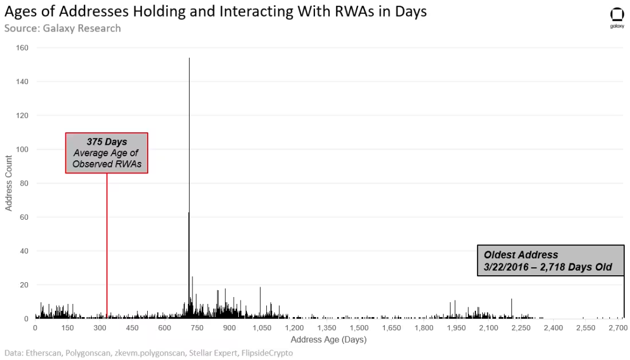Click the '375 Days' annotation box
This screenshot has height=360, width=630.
[x=107, y=153]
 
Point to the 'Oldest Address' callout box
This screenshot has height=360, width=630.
[x=550, y=260]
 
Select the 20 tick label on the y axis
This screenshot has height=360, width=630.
[x=24, y=285]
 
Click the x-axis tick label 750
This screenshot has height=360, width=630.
[x=197, y=328]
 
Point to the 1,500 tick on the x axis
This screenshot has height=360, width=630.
[x=359, y=328]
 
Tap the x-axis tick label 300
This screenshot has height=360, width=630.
[x=100, y=328]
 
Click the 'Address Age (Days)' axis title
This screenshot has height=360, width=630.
[x=328, y=339]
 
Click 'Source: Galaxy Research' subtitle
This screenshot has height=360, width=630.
[x=62, y=28]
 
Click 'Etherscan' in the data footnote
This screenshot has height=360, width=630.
[x=44, y=353]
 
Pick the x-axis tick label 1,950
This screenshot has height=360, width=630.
[x=456, y=328]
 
